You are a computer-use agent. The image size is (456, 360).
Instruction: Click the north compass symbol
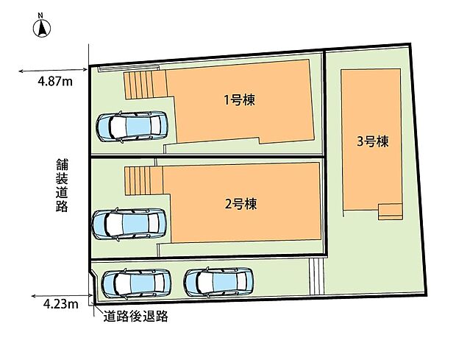point(43,29)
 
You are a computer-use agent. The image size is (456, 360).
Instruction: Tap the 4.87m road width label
point(55,82)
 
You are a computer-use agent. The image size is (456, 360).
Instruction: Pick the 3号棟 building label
point(371,142)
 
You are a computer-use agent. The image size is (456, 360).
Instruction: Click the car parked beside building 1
point(132,127)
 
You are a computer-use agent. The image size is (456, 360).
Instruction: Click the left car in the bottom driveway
point(136,283)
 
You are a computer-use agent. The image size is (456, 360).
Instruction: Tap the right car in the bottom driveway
point(218,282)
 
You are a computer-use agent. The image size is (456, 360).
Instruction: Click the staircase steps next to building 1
point(140,84)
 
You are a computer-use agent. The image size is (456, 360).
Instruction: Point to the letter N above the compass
point(43,15)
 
